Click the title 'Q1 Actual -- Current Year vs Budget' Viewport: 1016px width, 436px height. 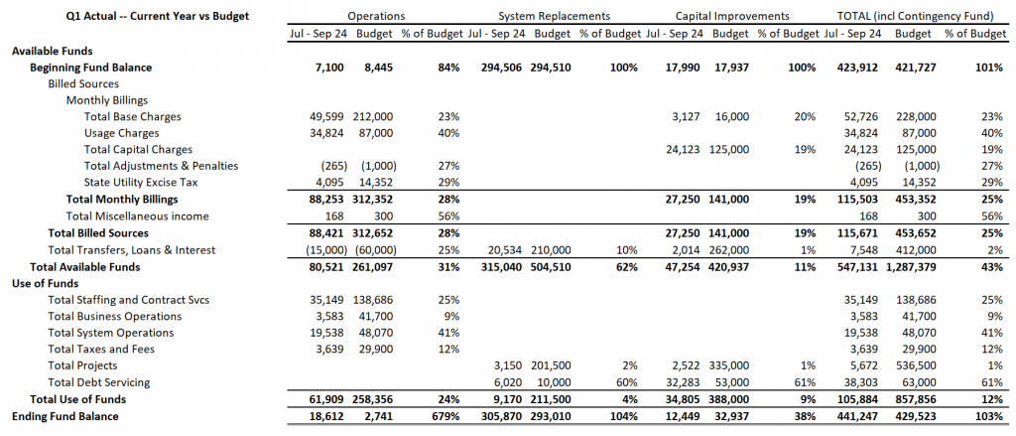(x=158, y=16)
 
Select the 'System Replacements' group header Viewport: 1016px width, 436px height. (x=554, y=16)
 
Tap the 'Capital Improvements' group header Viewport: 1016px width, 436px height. (x=732, y=16)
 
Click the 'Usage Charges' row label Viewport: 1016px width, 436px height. (x=121, y=133)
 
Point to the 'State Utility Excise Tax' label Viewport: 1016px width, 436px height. (x=141, y=183)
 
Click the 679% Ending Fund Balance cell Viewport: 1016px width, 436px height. (x=445, y=415)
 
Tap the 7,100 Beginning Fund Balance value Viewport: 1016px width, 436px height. (x=332, y=67)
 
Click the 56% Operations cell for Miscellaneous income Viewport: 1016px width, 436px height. (x=448, y=217)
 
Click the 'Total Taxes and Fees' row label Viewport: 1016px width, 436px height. (x=101, y=349)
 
